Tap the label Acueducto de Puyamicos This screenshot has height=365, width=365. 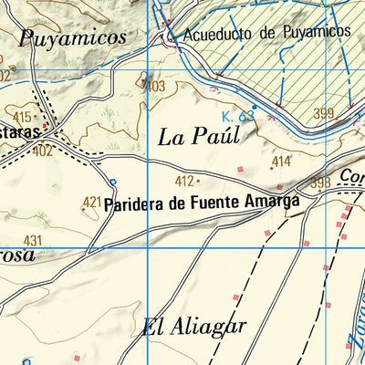tap(266, 32)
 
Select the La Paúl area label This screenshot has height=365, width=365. tap(198, 137)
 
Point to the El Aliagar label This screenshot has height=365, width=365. tap(195, 328)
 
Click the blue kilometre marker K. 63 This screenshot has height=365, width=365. tap(237, 116)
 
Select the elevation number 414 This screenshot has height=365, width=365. tap(281, 162)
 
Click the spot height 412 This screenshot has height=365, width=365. tap(184, 181)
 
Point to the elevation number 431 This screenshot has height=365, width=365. tap(34, 240)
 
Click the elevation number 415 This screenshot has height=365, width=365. tap(22, 117)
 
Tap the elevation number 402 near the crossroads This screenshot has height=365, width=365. tap(42, 151)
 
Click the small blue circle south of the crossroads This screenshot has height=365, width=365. tap(113, 182)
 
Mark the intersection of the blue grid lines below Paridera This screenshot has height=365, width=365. tap(148, 247)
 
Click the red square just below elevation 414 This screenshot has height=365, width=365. tap(241, 170)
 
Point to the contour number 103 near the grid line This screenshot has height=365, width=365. tap(157, 86)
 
